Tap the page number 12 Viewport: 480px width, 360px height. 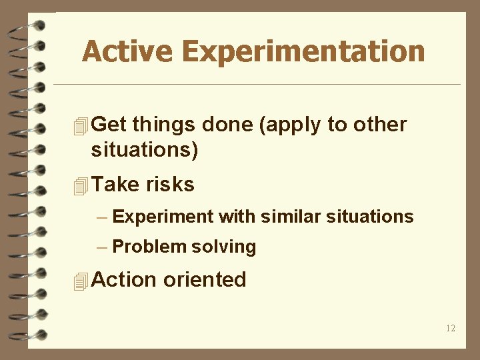[x=451, y=327]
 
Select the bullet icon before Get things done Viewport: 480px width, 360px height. [x=81, y=125]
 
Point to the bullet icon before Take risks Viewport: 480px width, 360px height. [x=81, y=186]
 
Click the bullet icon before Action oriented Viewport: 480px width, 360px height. [x=81, y=281]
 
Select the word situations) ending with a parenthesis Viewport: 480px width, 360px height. [x=145, y=150]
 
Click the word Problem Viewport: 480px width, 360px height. [x=149, y=247]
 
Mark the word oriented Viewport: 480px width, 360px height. [x=205, y=280]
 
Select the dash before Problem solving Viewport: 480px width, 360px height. [x=101, y=247]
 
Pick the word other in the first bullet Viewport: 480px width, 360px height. [x=381, y=125]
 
